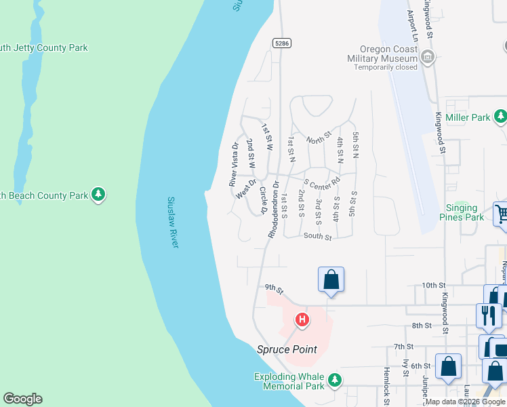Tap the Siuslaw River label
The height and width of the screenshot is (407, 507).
pyautogui.click(x=173, y=222)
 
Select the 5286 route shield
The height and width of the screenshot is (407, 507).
pyautogui.click(x=282, y=43)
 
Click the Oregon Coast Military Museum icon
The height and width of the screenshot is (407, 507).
pyautogui.click(x=428, y=58)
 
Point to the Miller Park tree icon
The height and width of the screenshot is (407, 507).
pyautogui.click(x=500, y=117)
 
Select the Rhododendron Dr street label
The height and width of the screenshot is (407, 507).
pyautogui.click(x=273, y=208)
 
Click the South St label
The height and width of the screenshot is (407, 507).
pyautogui.click(x=317, y=237)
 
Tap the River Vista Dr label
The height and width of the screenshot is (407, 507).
pyautogui.click(x=234, y=165)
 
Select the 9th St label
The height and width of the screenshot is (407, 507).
pyautogui.click(x=274, y=290)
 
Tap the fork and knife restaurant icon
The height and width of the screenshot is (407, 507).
pyautogui.click(x=488, y=315)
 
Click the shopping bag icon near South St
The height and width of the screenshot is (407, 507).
pyautogui.click(x=331, y=279)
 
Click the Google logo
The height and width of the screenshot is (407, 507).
pyautogui.click(x=22, y=399)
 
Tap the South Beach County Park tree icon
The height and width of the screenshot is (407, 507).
pyautogui.click(x=98, y=195)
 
